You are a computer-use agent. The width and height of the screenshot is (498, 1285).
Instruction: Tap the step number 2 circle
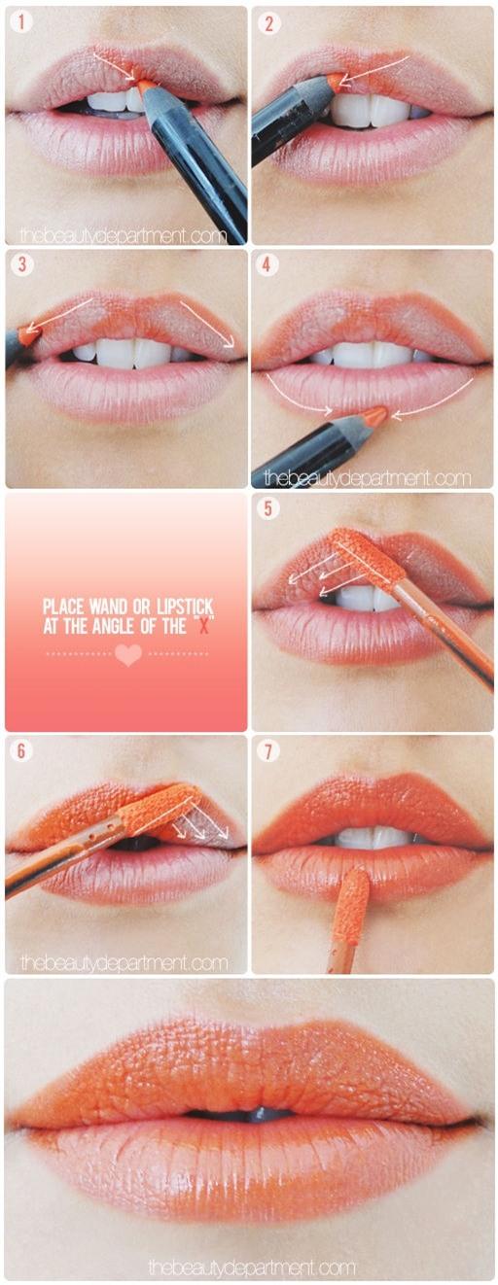tap(267, 23)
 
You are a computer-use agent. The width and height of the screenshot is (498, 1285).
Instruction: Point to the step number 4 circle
tap(267, 265)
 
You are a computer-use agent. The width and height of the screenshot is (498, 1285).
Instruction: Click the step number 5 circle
tap(267, 508)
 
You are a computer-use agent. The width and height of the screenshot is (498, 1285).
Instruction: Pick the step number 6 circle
tap(22, 751)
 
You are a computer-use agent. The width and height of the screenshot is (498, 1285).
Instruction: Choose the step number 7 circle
tap(267, 751)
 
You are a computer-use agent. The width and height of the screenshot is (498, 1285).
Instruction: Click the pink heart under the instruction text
tap(127, 655)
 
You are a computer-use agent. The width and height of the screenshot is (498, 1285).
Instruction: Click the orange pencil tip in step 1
tap(146, 87)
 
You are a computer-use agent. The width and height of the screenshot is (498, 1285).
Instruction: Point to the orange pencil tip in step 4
tap(374, 417)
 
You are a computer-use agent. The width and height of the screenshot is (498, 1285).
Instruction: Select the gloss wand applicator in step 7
tap(351, 904)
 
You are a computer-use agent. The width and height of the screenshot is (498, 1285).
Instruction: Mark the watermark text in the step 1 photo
tap(123, 235)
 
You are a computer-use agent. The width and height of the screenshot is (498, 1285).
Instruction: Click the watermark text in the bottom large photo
tap(251, 1268)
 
